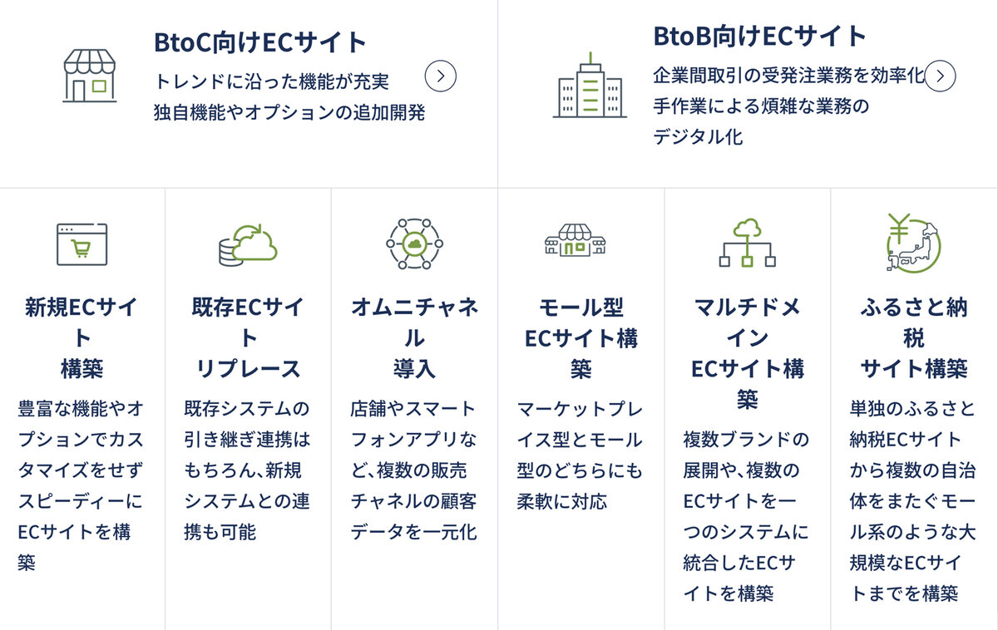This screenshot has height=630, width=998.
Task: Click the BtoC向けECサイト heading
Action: (x=259, y=42)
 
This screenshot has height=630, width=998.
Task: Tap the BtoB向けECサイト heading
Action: (x=759, y=36)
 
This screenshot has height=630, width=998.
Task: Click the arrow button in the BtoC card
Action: (x=440, y=76)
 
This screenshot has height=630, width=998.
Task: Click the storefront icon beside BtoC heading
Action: (x=90, y=76)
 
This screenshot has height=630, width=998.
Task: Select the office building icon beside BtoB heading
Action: (x=590, y=85)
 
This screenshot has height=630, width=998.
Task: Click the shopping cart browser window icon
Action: (x=82, y=244)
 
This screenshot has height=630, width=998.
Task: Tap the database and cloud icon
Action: (x=248, y=245)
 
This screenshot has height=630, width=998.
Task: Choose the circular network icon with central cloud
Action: (x=414, y=244)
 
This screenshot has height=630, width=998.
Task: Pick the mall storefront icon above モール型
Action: (x=576, y=240)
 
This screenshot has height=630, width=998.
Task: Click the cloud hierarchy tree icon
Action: (x=747, y=243)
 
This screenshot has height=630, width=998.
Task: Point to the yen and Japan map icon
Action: (x=913, y=243)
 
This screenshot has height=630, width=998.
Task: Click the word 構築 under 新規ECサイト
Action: (x=82, y=369)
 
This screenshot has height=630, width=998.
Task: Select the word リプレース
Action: (x=248, y=369)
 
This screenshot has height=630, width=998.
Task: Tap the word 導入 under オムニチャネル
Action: (x=414, y=369)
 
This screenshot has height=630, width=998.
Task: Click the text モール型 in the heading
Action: (x=581, y=308)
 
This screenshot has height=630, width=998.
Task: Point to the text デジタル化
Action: (x=698, y=136)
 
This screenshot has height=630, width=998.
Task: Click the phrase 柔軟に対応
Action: (x=562, y=501)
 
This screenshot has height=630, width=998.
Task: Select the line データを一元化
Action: (x=414, y=532)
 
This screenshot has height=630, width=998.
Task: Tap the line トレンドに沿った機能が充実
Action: (x=272, y=81)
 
